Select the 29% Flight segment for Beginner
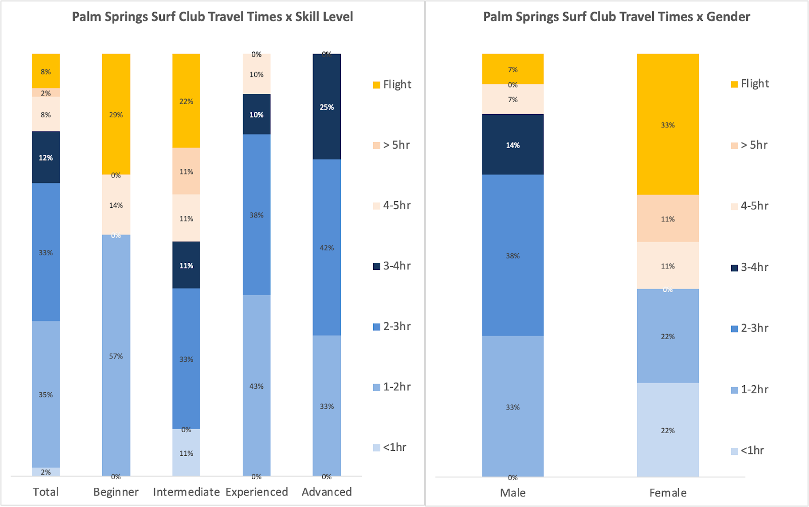pos(116,114)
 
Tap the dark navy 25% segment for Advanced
pos(327,107)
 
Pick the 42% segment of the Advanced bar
pos(327,247)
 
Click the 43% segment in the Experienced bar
pos(256,386)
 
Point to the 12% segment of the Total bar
pos(46,157)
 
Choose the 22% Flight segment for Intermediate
pos(186,101)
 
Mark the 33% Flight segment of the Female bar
pos(667,124)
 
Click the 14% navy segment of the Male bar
pos(513,145)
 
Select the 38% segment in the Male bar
pos(513,255)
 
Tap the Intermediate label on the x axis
pos(186,492)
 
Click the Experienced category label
pos(256,492)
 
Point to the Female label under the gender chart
pos(667,493)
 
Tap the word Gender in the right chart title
pos(728,17)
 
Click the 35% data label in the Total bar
pos(46,394)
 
